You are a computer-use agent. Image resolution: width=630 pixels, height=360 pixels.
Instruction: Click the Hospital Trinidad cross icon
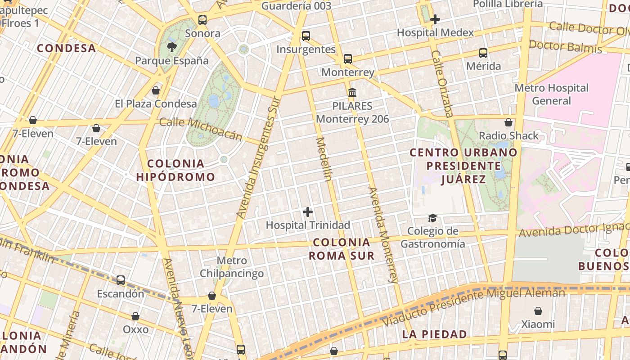(x=308, y=212)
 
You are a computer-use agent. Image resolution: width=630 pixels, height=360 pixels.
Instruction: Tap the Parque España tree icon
(x=171, y=47)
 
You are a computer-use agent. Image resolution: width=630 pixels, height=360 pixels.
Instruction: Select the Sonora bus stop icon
(x=202, y=20)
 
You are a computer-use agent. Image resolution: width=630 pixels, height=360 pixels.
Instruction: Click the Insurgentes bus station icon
(x=306, y=36)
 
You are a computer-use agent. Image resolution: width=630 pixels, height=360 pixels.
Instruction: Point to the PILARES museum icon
(x=352, y=93)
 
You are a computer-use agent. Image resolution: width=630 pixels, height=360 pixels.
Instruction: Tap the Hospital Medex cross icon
(x=435, y=19)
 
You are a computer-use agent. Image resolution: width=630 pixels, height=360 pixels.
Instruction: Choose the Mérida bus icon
(x=483, y=53)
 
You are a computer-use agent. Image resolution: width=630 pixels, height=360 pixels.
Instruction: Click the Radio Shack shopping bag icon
(x=508, y=122)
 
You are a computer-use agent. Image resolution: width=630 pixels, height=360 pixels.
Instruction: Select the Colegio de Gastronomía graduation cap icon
(x=432, y=218)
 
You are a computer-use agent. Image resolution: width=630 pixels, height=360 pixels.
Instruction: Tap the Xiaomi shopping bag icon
(x=538, y=311)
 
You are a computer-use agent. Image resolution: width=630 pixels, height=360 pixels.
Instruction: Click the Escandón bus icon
(x=121, y=280)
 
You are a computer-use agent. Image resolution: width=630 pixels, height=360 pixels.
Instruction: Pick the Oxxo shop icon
(x=135, y=316)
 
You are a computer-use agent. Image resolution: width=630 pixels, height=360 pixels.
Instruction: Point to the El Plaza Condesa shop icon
(x=156, y=90)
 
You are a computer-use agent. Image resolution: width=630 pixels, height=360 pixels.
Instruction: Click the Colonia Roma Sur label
(x=342, y=249)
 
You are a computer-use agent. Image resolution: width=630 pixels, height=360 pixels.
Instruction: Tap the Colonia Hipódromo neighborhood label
(x=175, y=170)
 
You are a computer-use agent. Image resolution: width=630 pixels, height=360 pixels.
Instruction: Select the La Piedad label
(x=434, y=334)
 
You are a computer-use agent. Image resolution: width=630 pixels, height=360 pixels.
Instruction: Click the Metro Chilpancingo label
(x=231, y=267)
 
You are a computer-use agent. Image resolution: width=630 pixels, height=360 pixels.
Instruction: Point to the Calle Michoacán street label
(x=201, y=129)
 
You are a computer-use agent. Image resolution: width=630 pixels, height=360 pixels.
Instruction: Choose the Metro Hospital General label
(x=551, y=94)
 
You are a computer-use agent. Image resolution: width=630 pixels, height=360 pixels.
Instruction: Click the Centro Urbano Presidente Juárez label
(x=463, y=166)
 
